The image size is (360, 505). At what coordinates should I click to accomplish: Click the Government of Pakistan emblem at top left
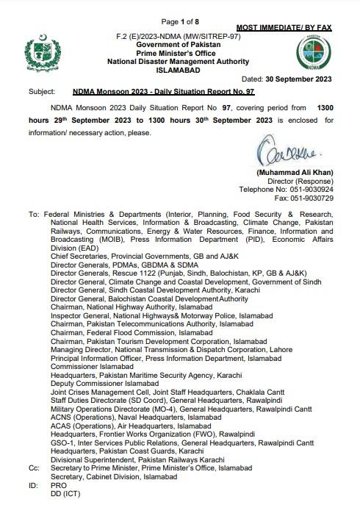pos(39,51)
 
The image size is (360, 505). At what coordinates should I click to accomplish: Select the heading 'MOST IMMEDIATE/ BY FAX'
pos(284,27)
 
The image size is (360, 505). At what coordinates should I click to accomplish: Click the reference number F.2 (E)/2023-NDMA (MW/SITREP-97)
pos(179,35)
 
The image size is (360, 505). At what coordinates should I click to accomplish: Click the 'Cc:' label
pos(35,467)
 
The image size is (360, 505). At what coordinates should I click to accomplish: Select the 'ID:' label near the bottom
pos(34,487)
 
